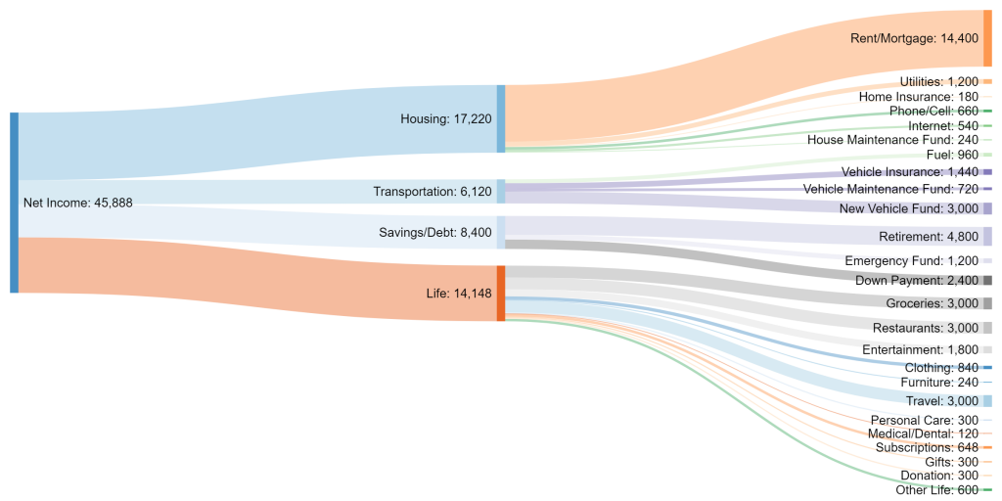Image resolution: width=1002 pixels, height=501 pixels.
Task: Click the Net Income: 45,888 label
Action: pos(77,203)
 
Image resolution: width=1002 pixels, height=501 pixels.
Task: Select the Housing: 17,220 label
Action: pos(446,118)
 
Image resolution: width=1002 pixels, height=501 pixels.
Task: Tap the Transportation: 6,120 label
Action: pos(433,192)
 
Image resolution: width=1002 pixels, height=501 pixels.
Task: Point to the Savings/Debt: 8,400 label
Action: pos(435,232)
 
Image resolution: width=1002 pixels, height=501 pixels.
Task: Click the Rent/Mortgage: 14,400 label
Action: pos(916,38)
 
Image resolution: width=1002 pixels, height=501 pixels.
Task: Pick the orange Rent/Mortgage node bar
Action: pos(987,38)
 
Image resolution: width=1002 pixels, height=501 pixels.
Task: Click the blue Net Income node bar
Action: pos(14,203)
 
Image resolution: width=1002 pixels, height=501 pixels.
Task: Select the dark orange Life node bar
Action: pos(501,293)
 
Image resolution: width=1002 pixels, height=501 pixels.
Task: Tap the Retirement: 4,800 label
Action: pos(928,236)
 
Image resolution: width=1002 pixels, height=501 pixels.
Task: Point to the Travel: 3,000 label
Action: pos(940,401)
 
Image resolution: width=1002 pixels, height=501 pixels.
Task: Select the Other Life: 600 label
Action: pos(936,490)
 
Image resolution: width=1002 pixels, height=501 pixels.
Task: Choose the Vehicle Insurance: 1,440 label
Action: pos(909,172)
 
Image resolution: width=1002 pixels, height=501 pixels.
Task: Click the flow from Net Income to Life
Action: pos(254,265)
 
